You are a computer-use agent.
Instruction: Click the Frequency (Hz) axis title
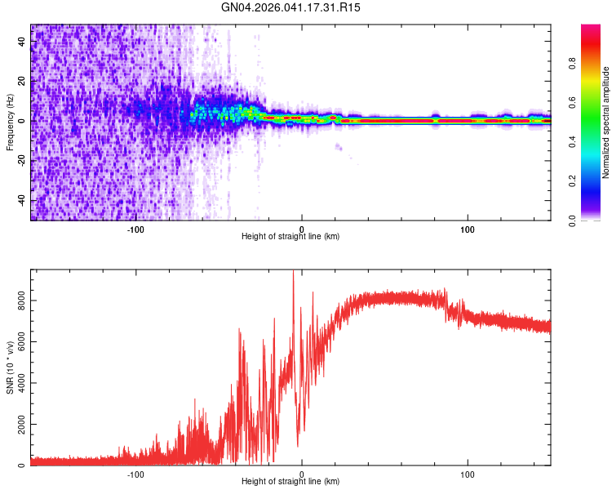click(10, 122)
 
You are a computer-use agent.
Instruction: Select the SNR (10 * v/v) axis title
click(10, 367)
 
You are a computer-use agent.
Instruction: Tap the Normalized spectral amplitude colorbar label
click(606, 123)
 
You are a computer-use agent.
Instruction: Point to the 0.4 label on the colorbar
click(573, 141)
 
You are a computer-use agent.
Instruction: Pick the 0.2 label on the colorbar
click(573, 180)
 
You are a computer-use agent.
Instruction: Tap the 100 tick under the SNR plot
click(468, 474)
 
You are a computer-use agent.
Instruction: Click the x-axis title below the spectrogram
click(290, 237)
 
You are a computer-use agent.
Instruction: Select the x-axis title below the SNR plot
click(290, 482)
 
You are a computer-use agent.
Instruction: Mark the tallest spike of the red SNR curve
click(293, 272)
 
